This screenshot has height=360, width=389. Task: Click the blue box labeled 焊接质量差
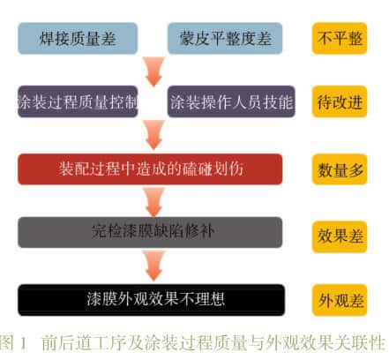(78, 39)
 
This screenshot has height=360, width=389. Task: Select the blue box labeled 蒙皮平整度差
(225, 39)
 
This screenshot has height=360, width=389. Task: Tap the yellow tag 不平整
(340, 39)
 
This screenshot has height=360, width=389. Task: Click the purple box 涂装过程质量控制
(78, 101)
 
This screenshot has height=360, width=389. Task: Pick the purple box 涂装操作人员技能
(231, 101)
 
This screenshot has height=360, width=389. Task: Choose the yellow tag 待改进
(340, 101)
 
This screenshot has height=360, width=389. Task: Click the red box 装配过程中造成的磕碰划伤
(150, 169)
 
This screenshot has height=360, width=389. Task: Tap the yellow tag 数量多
(340, 169)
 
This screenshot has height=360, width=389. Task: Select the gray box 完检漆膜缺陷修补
(150, 232)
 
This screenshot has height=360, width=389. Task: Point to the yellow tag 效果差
(340, 236)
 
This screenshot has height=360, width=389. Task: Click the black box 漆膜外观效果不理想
(152, 300)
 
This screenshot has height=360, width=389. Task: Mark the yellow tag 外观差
(340, 300)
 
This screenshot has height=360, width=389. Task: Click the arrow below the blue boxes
(153, 71)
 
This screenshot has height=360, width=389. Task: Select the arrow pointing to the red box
(153, 135)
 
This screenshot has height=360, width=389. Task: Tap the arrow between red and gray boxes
(153, 202)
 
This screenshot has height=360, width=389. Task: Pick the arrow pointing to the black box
(153, 266)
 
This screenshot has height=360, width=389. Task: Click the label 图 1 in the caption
(13, 342)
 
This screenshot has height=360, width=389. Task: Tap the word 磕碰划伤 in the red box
(213, 169)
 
